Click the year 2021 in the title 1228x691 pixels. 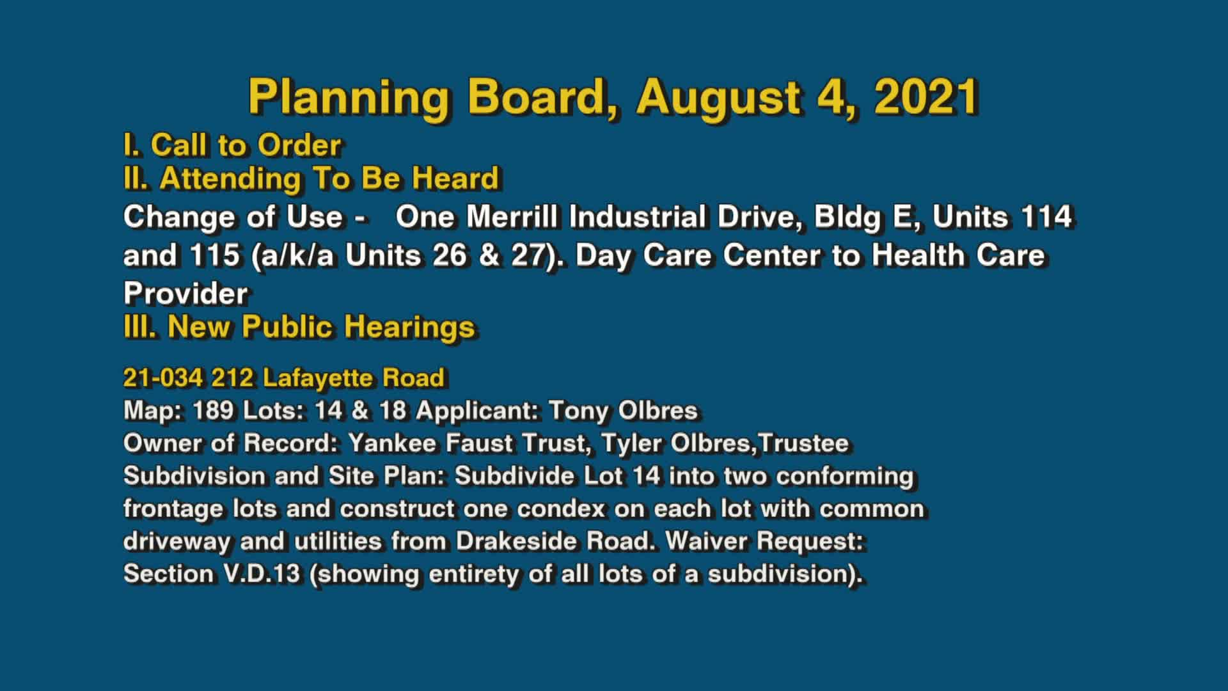[926, 97]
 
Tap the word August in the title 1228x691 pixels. [718, 97]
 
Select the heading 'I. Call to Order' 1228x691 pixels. [232, 145]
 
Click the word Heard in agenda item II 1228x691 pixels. [455, 178]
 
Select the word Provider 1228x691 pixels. [185, 294]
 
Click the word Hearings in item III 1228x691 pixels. [409, 327]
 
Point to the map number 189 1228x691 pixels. [213, 410]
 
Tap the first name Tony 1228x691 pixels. [578, 410]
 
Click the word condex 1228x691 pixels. [560, 509]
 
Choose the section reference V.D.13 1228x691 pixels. [261, 574]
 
